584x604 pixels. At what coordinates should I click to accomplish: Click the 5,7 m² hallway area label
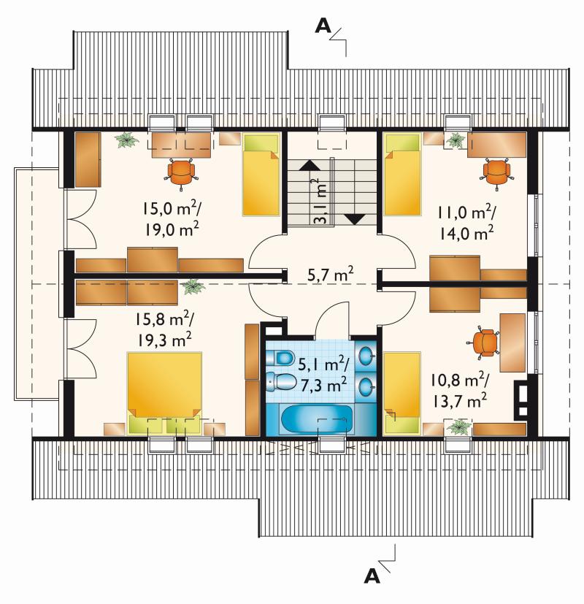[330, 275]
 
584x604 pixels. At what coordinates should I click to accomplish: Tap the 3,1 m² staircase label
[321, 201]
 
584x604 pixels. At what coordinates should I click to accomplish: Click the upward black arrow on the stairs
[310, 165]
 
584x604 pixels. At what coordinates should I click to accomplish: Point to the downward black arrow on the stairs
[354, 219]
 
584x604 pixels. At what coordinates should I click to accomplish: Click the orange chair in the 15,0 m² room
[181, 174]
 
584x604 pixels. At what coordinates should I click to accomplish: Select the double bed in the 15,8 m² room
[165, 393]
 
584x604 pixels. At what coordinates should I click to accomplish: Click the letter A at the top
[323, 26]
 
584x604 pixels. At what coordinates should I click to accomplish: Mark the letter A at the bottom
[372, 577]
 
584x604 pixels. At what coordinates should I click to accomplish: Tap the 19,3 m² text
[164, 340]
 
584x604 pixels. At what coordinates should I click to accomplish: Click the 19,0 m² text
[172, 229]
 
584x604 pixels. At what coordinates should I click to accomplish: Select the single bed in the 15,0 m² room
[260, 175]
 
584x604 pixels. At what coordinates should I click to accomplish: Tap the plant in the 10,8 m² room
[458, 427]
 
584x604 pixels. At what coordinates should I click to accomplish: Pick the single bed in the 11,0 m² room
[402, 175]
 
